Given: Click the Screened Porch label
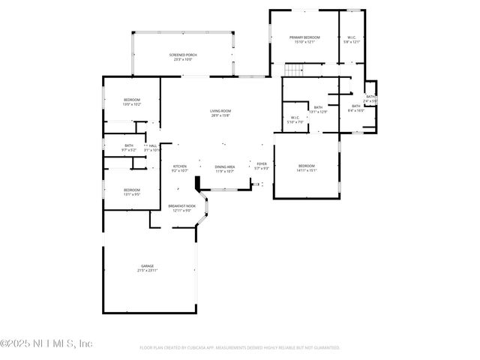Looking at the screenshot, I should pos(183,55).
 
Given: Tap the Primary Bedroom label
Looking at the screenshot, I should pos(305,37).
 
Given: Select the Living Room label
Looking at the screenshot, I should pos(220,111).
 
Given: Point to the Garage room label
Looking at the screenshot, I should pos(147,266).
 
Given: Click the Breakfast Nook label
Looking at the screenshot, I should pos(181,206).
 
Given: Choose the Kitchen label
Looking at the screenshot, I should pos(180,166).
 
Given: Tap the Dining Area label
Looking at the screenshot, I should pos(225,166).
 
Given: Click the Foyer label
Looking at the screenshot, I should pos(262,163).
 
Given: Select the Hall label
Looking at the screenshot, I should pos(152,145).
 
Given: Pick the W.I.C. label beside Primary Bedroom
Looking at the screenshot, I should pos(352,37).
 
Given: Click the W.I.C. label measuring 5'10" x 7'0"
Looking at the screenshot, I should pos(295,117).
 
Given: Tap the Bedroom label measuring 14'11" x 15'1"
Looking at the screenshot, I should pos(307,166).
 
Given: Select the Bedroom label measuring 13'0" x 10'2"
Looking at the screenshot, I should pos(132,100).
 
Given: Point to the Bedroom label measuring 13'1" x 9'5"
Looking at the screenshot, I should pos(132,190).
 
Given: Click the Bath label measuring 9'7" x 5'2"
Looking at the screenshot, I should pos(129,145).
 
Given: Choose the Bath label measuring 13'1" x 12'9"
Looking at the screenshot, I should pos(319,107).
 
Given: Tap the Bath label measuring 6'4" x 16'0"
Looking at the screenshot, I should pos(356,106).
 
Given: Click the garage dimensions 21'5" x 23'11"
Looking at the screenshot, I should pos(147,271).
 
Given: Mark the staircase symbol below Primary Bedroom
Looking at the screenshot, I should pos(295,70).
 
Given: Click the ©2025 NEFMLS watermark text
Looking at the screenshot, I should pos(46,343).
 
